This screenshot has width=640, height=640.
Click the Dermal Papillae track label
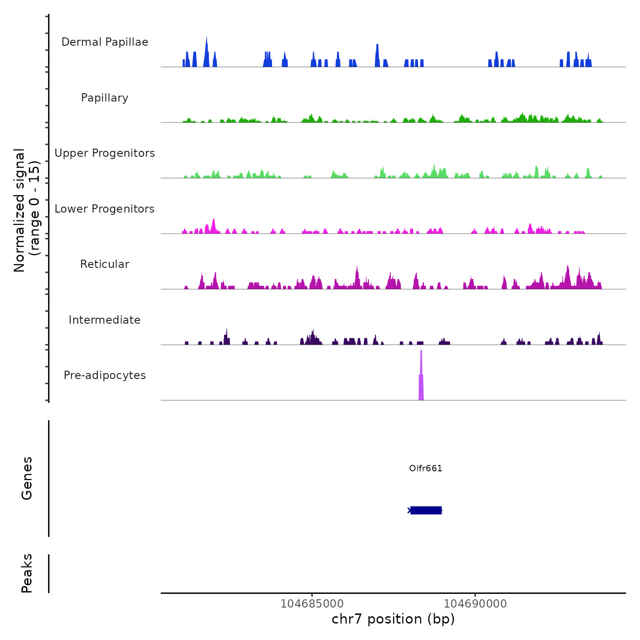pos(105,42)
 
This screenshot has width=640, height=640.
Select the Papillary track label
pos(105,98)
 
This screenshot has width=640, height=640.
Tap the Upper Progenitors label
pos(105,153)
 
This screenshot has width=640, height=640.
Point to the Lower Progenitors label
pos(105,209)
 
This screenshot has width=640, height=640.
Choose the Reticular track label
pos(105,264)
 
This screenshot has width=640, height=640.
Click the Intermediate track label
pos(105,320)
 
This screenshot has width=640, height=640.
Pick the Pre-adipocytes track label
pos(105,375)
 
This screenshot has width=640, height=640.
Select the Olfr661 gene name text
pos(426,468)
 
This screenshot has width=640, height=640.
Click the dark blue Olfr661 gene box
pos(426,510)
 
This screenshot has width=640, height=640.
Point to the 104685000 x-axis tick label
pos(312,604)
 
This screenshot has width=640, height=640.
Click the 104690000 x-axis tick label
pos(475,604)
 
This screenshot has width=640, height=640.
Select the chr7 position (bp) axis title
pos(393,619)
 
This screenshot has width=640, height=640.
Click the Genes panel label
pos(27,478)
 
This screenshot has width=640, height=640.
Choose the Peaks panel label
pos(27,573)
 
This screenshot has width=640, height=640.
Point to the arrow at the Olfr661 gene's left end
pos(409,510)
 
